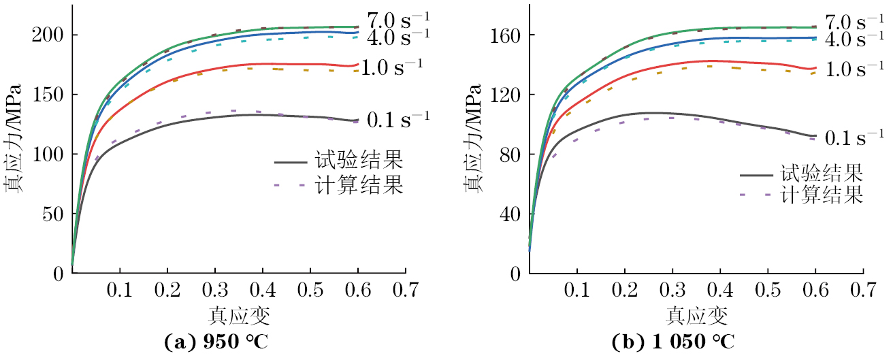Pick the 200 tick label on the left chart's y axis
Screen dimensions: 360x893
(48, 35)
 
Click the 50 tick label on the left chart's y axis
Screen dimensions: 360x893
(53, 214)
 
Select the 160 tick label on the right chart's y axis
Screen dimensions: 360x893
(505, 35)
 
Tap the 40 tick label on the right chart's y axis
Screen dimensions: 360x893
(510, 214)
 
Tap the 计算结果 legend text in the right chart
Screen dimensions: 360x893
(822, 195)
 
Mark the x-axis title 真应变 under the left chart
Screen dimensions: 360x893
(238, 315)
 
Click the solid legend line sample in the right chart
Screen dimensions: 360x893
(756, 175)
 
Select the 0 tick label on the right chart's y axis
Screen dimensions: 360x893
(515, 274)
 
